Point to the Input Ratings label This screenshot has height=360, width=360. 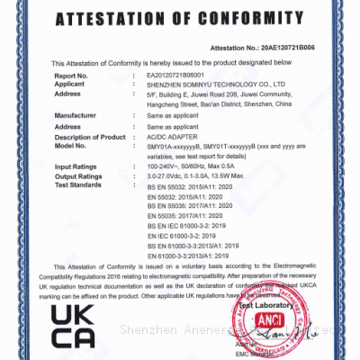(76, 166)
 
